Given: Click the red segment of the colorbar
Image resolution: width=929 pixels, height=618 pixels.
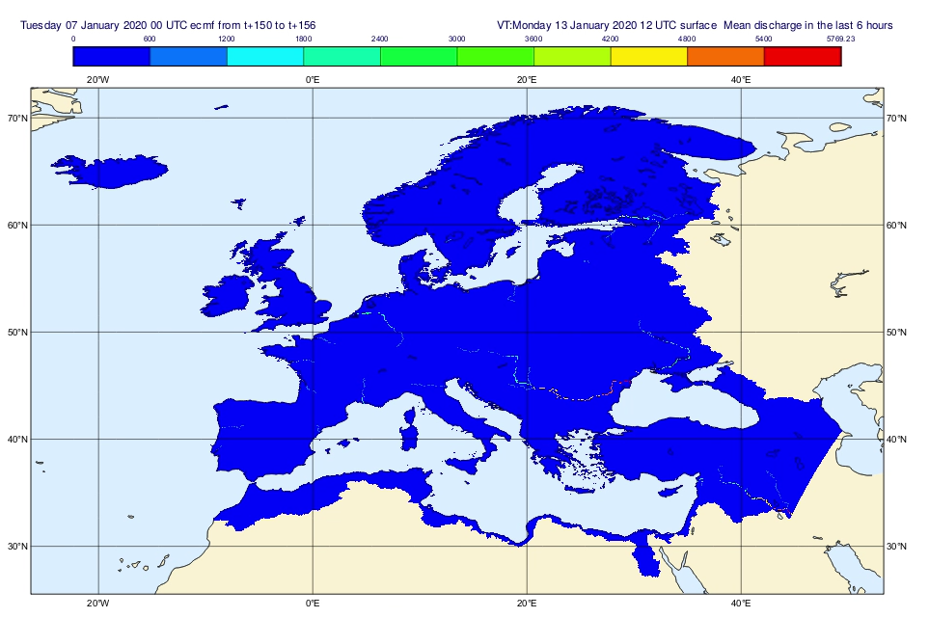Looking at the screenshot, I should point(802,56).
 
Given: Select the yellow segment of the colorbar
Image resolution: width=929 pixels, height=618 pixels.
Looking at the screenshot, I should point(648,56).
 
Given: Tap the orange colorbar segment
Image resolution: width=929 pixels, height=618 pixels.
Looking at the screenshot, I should point(725,56).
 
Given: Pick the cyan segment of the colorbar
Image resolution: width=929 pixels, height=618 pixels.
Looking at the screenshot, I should point(265,56).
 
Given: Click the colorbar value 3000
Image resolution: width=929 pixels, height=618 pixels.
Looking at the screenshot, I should point(456,39).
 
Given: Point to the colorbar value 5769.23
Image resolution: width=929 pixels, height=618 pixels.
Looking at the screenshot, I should point(839,39).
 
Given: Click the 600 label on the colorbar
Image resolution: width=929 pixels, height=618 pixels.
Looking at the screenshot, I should point(150,39).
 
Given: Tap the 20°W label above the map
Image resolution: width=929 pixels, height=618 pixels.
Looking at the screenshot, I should point(97,79).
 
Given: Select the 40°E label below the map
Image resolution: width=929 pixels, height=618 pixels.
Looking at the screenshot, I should point(741,604).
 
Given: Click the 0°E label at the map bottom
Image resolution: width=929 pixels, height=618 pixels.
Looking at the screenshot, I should point(313,604).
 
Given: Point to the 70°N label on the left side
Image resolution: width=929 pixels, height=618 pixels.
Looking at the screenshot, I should point(17,119).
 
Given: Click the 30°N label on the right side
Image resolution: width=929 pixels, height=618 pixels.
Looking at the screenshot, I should point(896,547).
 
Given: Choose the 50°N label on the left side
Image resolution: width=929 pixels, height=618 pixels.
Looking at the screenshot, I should point(17,333).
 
